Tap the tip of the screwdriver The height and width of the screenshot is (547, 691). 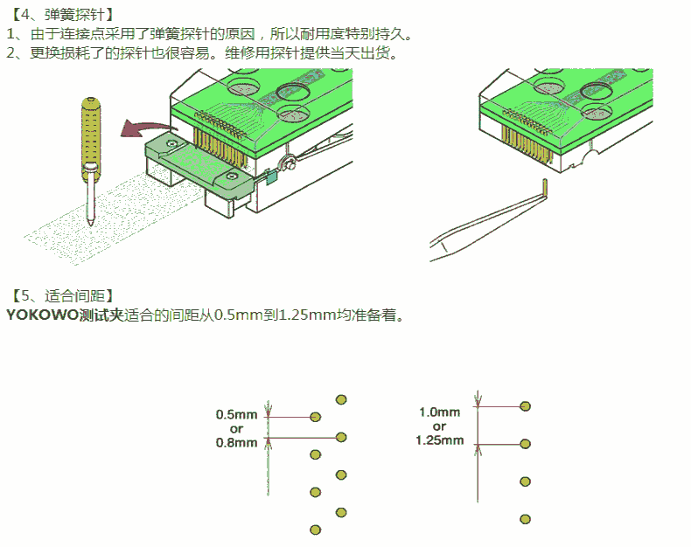pos(91,224)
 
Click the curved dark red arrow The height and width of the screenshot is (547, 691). pos(145,128)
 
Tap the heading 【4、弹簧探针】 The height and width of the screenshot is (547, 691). pos(61,15)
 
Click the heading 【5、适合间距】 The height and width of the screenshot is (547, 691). pos(61,295)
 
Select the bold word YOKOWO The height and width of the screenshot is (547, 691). pos(42,315)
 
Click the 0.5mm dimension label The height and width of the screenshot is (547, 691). pos(237,414)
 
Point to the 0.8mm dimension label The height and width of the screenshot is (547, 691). pos(237,443)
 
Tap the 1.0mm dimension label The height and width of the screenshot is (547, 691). pos(439,412)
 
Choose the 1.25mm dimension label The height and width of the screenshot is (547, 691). pos(439,440)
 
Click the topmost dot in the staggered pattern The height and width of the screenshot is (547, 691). pos(341,399)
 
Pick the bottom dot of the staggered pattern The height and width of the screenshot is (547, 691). pos(315,530)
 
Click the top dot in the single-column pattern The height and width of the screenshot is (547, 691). pos(525,406)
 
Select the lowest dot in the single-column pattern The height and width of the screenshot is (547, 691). pos(525,519)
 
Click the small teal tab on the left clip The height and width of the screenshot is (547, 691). pos(271,177)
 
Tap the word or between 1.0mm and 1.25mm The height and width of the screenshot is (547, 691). pos(439,426)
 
